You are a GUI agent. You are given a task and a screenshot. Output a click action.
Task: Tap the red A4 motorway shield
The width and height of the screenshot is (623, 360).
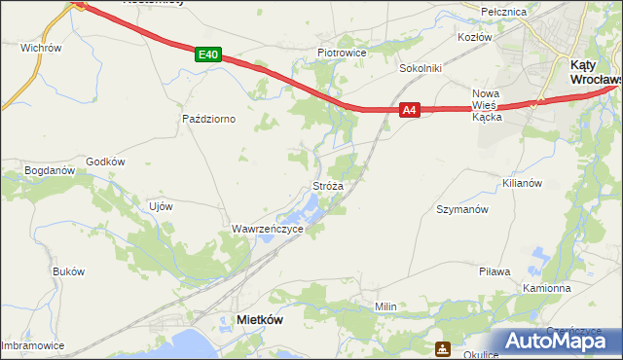pyautogui.click(x=410, y=111)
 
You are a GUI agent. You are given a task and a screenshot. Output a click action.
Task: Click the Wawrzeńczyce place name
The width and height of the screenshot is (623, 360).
pyautogui.click(x=267, y=229)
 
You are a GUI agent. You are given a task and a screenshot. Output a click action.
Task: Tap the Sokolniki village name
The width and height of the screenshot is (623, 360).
pyautogui.click(x=421, y=69)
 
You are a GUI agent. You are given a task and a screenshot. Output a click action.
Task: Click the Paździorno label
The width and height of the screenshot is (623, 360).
pyautogui.click(x=210, y=119)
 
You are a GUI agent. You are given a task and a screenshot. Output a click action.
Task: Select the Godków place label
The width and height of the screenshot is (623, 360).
pyautogui.click(x=106, y=162)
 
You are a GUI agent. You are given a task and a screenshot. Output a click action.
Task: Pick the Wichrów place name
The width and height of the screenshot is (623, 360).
pyautogui.click(x=41, y=47)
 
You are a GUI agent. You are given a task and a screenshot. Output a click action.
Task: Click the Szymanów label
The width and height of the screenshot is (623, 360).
pyautogui.click(x=461, y=209)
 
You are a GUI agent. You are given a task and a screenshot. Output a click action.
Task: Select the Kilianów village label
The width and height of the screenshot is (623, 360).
pyautogui.click(x=520, y=182)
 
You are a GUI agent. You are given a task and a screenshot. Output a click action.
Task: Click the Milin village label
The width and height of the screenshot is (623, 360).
pyautogui.click(x=385, y=306)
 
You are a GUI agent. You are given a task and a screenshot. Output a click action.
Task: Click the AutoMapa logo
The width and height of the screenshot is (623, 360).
pyautogui.click(x=555, y=341)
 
